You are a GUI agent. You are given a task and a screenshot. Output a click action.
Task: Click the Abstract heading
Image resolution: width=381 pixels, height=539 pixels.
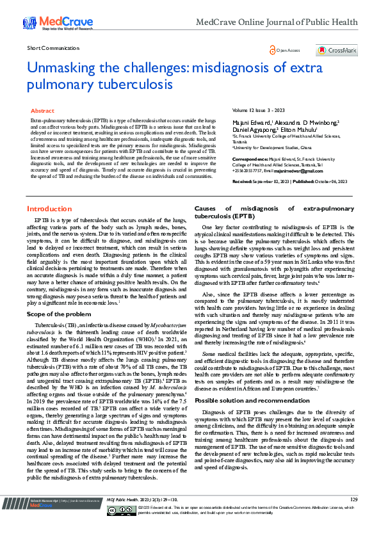coord(43,111)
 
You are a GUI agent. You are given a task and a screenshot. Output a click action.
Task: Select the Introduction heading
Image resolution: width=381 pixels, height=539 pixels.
coord(49,209)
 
